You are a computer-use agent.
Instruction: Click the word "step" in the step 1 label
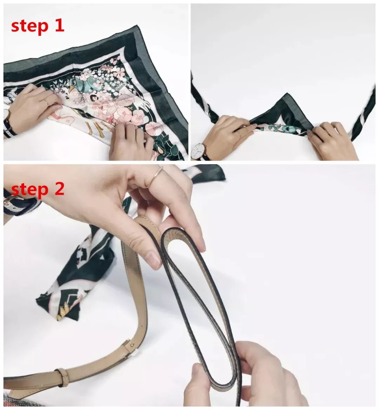coord(30,26)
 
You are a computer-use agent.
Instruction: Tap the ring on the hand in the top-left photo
coord(46,102)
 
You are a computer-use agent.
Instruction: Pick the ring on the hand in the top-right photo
coord(239,134)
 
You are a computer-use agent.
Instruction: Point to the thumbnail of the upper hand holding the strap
coord(153,261)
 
